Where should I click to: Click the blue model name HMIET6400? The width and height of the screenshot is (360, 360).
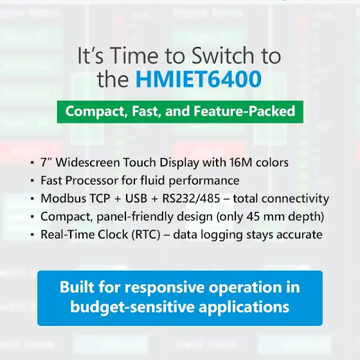(x=199, y=79)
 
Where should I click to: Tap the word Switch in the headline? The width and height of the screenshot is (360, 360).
(x=222, y=56)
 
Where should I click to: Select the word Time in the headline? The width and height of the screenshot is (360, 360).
(x=135, y=56)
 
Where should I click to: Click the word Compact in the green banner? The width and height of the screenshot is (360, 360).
(x=96, y=111)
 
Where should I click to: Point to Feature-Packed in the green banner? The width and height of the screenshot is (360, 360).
(x=244, y=111)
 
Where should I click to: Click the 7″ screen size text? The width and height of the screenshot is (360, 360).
(x=46, y=162)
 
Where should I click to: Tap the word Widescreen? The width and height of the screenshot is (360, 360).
(x=88, y=162)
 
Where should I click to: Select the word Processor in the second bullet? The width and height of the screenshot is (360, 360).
(x=91, y=180)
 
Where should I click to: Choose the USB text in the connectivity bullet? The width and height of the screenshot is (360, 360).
(x=136, y=198)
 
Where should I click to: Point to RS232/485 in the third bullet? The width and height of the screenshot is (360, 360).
(x=191, y=198)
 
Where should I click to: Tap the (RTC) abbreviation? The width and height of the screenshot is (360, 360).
(x=146, y=235)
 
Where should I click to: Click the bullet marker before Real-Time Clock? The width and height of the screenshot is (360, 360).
(x=32, y=235)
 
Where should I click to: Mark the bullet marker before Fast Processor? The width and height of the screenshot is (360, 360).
(x=32, y=181)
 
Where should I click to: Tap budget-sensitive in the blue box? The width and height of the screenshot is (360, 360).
(x=132, y=307)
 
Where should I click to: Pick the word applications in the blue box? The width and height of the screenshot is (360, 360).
(x=244, y=307)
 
